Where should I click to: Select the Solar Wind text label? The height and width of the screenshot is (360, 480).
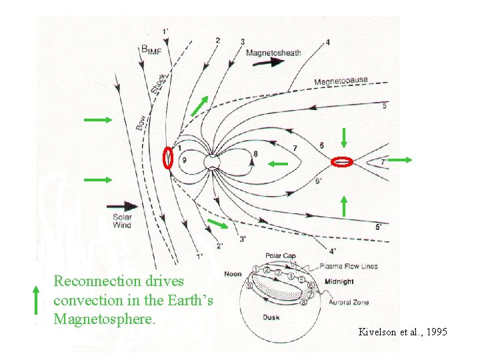(121, 221)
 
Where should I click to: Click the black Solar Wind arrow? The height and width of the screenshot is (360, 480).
(121, 206)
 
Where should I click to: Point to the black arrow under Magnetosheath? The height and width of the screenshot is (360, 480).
(267, 62)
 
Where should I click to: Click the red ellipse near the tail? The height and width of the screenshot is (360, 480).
(341, 161)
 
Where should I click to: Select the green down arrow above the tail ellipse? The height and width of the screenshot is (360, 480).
(343, 137)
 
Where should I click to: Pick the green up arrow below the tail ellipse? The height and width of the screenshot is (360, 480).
(343, 206)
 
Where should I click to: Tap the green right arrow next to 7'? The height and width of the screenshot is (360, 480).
(401, 160)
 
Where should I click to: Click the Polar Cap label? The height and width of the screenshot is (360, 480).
(281, 256)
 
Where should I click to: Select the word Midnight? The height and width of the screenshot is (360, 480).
(339, 282)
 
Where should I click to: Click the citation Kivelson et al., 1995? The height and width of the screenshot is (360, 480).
(403, 331)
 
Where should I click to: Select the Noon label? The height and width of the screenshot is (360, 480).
(233, 274)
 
